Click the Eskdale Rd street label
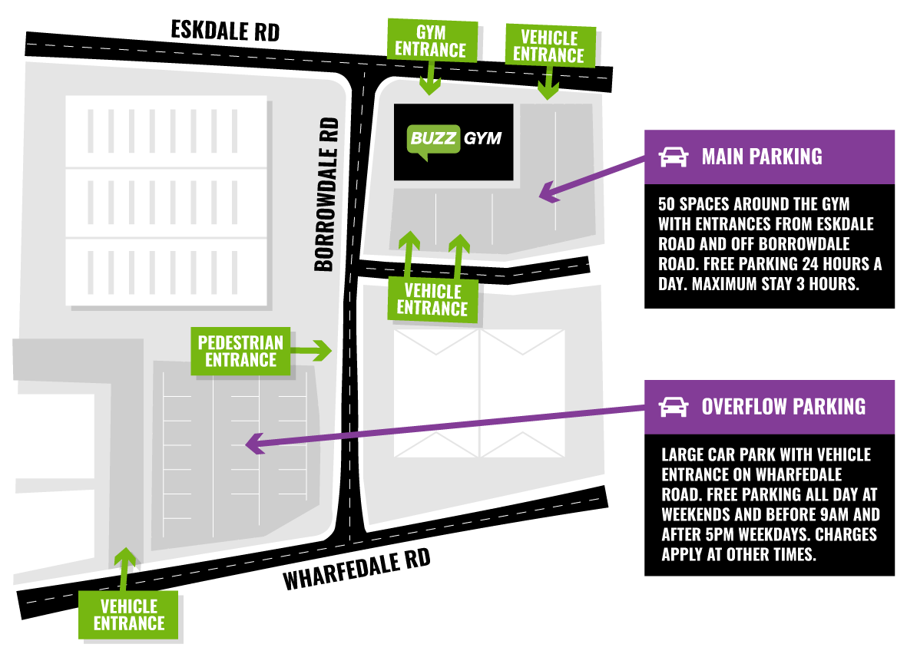click(x=225, y=31)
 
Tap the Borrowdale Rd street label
click(x=326, y=194)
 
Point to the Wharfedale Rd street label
click(x=357, y=569)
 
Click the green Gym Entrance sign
click(x=432, y=41)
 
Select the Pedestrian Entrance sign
click(x=240, y=351)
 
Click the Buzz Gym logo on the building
click(x=454, y=140)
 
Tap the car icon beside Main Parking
click(x=674, y=157)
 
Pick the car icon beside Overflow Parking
click(x=674, y=407)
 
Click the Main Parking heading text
click(x=762, y=157)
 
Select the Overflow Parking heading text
click(x=784, y=407)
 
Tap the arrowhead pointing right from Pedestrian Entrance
click(x=323, y=351)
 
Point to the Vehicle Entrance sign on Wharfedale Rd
click(x=128, y=615)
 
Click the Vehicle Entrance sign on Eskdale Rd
click(x=550, y=46)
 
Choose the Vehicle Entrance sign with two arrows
click(x=432, y=300)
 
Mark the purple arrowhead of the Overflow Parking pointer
click(x=255, y=444)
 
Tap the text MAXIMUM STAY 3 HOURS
click(x=775, y=284)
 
